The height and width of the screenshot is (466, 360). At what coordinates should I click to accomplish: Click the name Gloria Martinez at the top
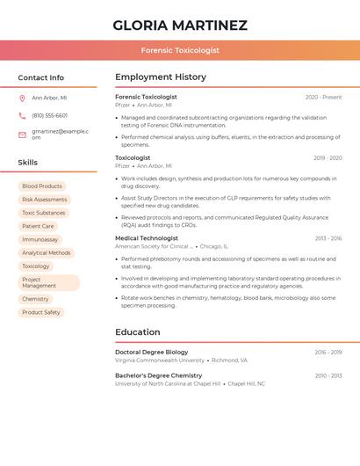coord(180,25)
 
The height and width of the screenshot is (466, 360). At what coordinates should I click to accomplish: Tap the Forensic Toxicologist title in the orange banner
coord(180,51)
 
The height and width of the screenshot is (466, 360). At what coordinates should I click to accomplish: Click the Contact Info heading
coord(40,77)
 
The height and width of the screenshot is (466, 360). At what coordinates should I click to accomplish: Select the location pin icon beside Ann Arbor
coord(22,98)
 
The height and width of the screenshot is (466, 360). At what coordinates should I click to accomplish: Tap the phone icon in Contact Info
coord(22,115)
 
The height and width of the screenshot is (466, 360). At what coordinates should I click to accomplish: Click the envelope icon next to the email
coord(22,135)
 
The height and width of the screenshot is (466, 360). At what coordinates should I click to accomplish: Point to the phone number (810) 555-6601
coord(49,115)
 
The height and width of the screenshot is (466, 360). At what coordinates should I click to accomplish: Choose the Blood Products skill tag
coord(42,186)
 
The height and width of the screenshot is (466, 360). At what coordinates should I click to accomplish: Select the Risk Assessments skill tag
coord(44,200)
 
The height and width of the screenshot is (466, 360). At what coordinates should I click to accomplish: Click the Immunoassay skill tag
coord(40,239)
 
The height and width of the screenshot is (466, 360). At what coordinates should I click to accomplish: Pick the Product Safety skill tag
coord(41,312)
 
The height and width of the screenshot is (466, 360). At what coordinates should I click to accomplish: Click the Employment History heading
coord(161,77)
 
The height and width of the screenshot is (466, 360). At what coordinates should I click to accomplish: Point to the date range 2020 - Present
coord(323,97)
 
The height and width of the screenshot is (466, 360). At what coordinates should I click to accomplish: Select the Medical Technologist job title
coord(147,238)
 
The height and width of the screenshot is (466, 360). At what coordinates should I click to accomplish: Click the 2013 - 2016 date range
coord(328,238)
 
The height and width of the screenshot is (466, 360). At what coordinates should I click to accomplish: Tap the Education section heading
coord(138,332)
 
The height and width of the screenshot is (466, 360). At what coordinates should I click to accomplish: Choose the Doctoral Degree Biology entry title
coord(151,352)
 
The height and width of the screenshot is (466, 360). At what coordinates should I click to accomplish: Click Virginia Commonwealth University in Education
coord(160,360)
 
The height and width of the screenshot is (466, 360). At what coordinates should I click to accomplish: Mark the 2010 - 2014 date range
coord(328,375)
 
